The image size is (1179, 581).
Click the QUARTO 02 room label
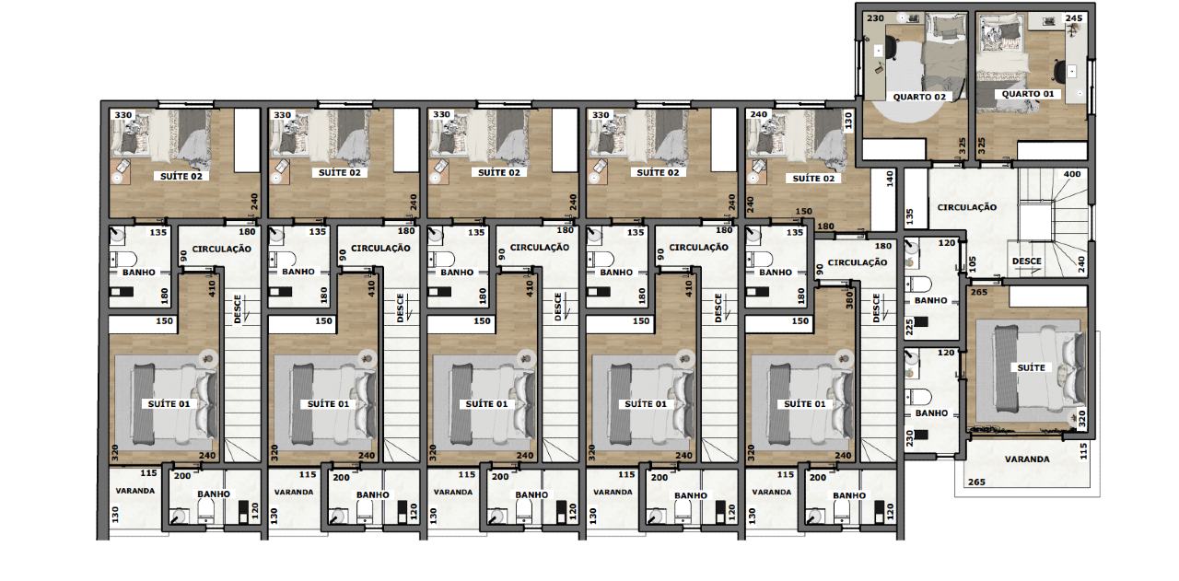coord(919,97)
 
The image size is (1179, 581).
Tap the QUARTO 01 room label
coord(1028,94)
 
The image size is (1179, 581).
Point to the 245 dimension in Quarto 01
coord(1074,17)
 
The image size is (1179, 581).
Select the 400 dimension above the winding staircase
coord(1072,174)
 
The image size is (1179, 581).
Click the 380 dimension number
coord(848,300)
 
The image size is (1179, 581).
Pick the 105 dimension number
coord(972,264)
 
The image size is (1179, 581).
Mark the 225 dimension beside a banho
coord(909,328)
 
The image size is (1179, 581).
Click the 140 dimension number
coord(890,179)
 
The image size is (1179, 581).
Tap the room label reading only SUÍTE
coord(1031,368)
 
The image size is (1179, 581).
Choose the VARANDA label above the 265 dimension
coord(1027,459)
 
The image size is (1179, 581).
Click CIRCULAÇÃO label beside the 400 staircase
coord(967,207)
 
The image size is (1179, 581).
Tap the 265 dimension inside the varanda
coord(976,482)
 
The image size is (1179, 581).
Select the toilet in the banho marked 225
coord(918,285)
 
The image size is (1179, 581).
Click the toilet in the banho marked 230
coord(918,396)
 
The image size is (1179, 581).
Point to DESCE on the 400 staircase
coord(1026,261)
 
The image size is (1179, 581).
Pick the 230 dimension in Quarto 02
coord(875,18)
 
